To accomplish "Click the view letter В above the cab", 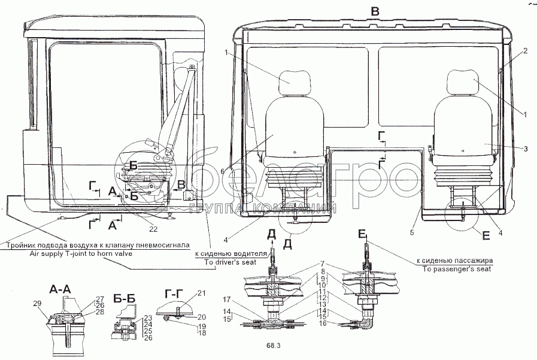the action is [x=375, y=10].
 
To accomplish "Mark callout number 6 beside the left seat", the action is [x=222, y=171].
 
